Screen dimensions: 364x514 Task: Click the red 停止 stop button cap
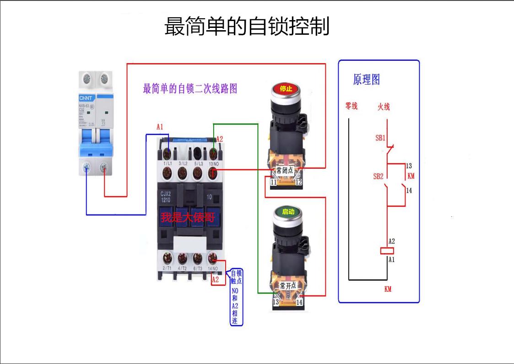click(x=286, y=89)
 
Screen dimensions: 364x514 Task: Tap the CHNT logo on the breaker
click(x=86, y=98)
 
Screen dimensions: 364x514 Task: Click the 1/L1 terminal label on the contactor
click(x=167, y=163)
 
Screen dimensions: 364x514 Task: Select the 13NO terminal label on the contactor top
click(x=213, y=163)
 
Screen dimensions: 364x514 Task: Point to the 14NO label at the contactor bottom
click(x=213, y=268)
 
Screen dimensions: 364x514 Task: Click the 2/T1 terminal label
click(x=167, y=268)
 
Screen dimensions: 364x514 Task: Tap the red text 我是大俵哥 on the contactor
click(x=187, y=217)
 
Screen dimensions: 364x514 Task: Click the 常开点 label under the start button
click(x=288, y=285)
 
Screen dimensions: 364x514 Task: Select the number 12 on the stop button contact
click(x=298, y=182)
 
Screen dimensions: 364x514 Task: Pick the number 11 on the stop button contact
click(x=273, y=182)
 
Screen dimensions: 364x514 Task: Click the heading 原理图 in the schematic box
click(x=366, y=80)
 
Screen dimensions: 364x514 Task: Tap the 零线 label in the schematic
click(x=351, y=106)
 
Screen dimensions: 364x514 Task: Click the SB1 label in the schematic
click(x=380, y=138)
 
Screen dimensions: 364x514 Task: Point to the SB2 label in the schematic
click(x=378, y=176)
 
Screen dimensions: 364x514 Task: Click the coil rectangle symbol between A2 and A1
click(x=388, y=250)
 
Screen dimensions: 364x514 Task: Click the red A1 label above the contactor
click(x=160, y=127)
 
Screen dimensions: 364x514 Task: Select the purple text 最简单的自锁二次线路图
click(x=190, y=89)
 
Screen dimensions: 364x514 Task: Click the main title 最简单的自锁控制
click(x=247, y=27)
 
